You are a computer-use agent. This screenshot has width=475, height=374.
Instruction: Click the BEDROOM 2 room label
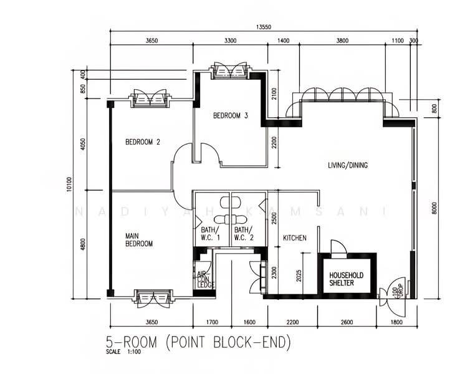coord(143,142)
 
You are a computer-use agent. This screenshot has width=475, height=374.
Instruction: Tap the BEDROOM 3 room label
coord(231,115)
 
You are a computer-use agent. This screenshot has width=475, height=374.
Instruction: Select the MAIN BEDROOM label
coord(139,239)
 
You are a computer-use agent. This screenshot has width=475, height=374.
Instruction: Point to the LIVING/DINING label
coord(348,165)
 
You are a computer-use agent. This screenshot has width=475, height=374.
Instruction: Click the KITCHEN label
coord(294,238)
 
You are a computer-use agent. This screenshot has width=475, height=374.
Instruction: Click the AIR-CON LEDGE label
coord(205,279)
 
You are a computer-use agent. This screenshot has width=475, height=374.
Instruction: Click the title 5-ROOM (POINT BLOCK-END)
coord(198,343)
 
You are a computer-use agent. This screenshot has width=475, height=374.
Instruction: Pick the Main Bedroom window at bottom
coord(153,297)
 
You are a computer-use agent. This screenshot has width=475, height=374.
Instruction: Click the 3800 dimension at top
coord(342,41)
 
